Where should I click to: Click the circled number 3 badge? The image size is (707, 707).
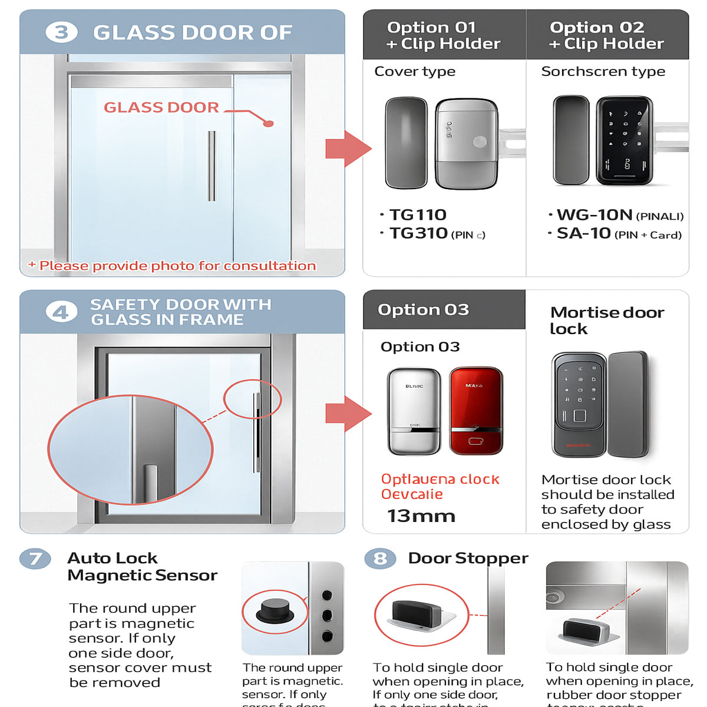pos(61,32)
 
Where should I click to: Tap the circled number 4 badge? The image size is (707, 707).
pos(61,312)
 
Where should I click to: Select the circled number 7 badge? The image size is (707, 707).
pos(35,558)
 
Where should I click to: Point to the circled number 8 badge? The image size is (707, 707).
pos(380,558)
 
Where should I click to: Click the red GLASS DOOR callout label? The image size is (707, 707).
pos(161,108)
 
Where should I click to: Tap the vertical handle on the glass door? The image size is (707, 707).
pos(212,166)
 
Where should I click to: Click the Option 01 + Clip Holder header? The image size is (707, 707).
pos(443,35)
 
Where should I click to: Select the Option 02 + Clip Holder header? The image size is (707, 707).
pos(606,35)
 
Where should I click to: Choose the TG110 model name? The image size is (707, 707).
pos(418,215)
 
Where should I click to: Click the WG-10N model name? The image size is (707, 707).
pos(594,215)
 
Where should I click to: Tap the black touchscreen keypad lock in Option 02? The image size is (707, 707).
pos(624,141)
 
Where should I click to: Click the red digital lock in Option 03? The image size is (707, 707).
pos(476,411)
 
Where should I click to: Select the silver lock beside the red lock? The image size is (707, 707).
pos(414,411)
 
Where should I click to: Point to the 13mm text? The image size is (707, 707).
pos(421,516)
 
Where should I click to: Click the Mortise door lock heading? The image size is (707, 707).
pos(606,321)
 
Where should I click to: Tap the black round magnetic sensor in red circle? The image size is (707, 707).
pos(275,611)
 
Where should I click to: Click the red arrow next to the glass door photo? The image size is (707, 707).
pos(348,148)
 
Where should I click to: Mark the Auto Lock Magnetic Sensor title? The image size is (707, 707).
pos(142,566)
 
